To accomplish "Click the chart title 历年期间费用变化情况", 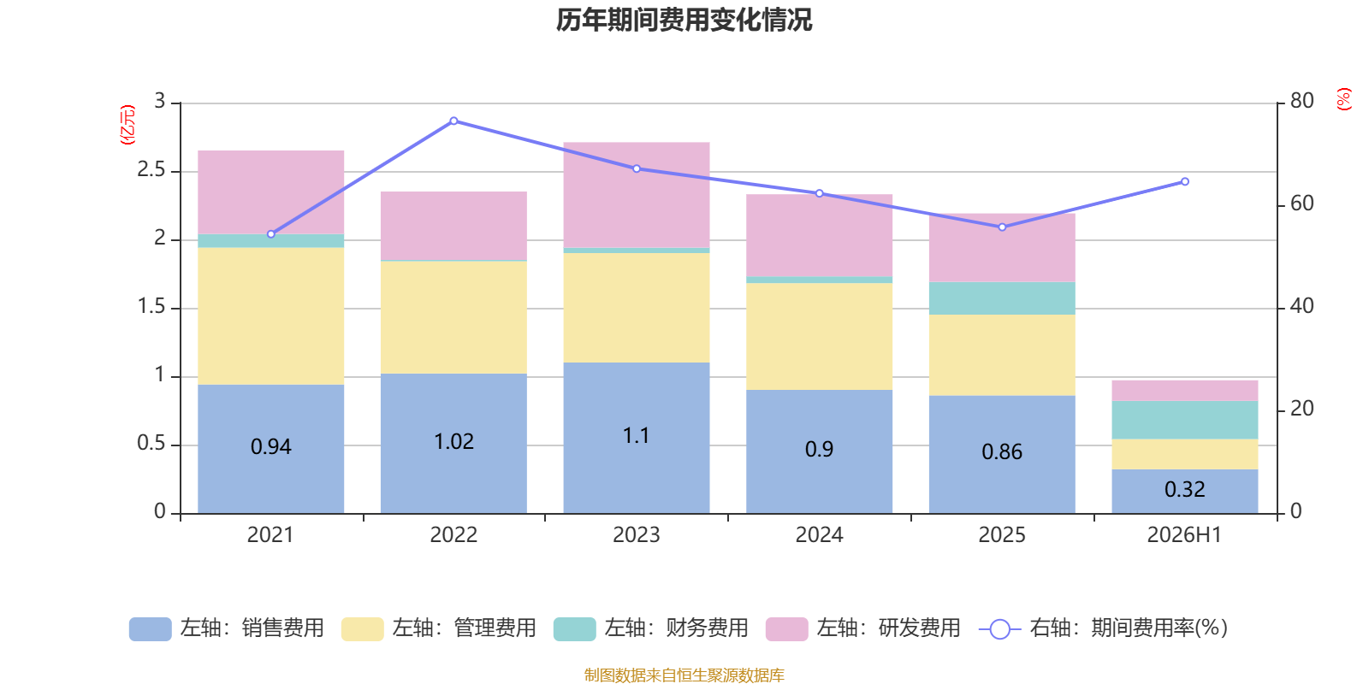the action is click(684, 21).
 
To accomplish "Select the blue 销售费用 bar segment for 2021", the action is click(270, 449).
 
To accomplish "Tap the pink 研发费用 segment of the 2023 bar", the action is click(637, 195).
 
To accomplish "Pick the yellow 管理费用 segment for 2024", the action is click(819, 337).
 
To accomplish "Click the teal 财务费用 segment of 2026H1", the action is click(1184, 420).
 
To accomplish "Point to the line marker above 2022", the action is click(453, 121).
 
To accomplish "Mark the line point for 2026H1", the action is click(1185, 181).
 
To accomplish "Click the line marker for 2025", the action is click(1002, 227).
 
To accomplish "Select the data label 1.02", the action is click(453, 441).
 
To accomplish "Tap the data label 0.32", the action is click(1184, 489).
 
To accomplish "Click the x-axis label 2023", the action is click(637, 535).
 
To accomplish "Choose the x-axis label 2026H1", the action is click(1184, 535).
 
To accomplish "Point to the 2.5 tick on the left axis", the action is click(151, 169).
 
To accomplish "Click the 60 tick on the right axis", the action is click(1301, 203).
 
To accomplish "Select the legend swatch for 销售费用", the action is click(151, 629).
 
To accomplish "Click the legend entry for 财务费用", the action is click(651, 628).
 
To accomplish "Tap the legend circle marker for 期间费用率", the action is click(1000, 629).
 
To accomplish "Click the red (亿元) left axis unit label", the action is click(127, 125).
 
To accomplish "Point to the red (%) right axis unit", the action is click(1343, 99).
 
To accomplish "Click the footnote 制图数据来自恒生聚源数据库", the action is click(684, 675).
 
